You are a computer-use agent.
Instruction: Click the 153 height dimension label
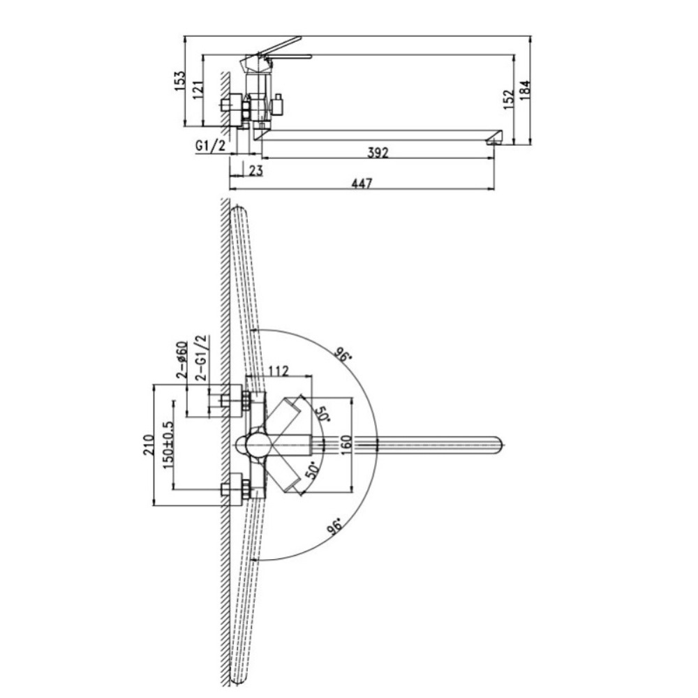tap(179, 80)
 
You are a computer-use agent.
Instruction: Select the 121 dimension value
tap(198, 89)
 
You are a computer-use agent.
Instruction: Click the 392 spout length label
tap(378, 153)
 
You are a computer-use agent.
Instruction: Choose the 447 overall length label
tap(362, 184)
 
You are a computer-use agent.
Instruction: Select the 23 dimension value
tap(256, 170)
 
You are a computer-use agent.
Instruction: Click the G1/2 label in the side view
tap(211, 146)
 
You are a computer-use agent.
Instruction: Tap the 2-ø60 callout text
tap(181, 359)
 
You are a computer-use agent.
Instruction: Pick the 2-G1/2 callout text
tap(202, 358)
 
